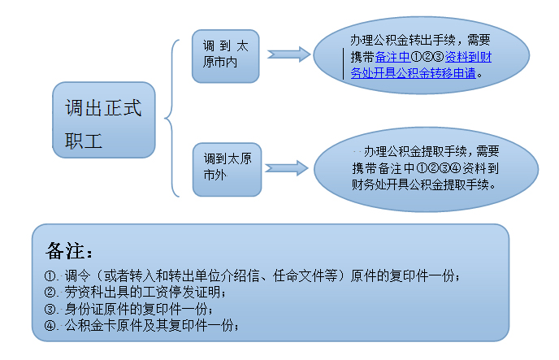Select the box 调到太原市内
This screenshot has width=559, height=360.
pyautogui.click(x=225, y=56)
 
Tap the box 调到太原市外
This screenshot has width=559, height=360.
pyautogui.click(x=227, y=168)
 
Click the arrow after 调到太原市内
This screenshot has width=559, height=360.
pyautogui.click(x=288, y=54)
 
